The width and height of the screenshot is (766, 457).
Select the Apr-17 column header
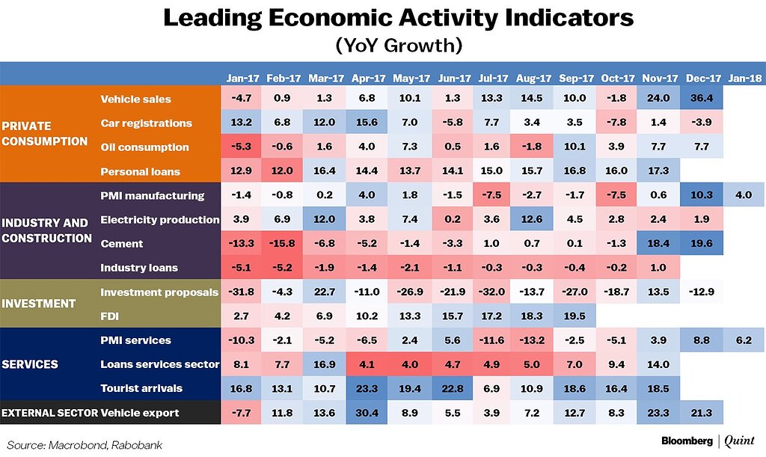coord(368,78)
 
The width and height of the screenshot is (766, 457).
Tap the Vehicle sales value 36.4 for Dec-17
coord(703,99)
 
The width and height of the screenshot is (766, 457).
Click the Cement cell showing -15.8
coord(284,243)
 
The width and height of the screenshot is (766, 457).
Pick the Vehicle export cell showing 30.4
coord(368,412)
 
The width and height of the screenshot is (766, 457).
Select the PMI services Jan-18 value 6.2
coord(744,340)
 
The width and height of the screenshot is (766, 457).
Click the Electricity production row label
coord(159,219)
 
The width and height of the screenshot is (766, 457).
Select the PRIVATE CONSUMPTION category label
coord(45,133)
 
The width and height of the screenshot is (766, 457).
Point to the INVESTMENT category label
coord(39,304)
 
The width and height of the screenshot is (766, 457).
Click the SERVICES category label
coord(30,364)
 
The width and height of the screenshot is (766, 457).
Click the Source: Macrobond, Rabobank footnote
coord(85,444)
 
